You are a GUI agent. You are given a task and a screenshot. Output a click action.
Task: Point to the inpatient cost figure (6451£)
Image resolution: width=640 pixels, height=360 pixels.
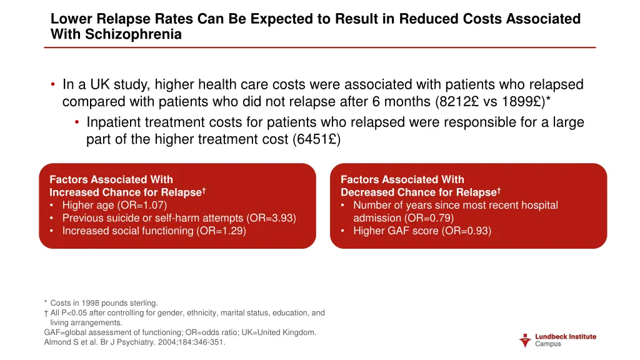pyautogui.click(x=316, y=139)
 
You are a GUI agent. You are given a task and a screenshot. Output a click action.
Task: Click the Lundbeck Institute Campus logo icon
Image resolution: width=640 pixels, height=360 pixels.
pyautogui.click(x=525, y=340)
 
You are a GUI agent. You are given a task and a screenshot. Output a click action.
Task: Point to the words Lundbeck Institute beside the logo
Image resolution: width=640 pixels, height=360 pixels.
pyautogui.click(x=566, y=336)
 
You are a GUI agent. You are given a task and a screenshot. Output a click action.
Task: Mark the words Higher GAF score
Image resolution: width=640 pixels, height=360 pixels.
pyautogui.click(x=392, y=231)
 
